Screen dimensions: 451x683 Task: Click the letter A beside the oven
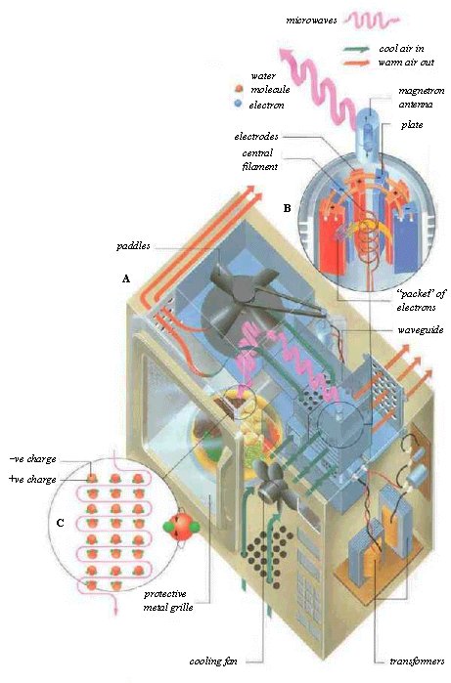click(126, 278)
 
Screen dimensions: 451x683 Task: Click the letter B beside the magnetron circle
click(287, 208)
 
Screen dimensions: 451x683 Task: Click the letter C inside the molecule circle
click(61, 523)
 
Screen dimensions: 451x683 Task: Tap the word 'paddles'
click(133, 246)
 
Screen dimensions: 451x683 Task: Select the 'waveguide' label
click(420, 329)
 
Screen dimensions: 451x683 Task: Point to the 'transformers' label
click(417, 662)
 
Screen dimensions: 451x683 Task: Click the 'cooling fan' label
click(213, 662)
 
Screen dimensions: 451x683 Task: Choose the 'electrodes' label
click(256, 137)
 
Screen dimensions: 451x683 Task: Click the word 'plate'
click(412, 125)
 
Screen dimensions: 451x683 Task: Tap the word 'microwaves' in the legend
click(311, 21)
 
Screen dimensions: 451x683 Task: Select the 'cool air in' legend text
click(401, 48)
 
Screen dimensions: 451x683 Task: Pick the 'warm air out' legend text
click(406, 63)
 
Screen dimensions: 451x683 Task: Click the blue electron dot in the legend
click(238, 104)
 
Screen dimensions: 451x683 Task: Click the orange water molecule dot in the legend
click(239, 89)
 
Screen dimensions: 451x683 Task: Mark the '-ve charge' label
click(32, 459)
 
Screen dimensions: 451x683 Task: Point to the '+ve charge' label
click(32, 480)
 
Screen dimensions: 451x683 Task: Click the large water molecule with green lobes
click(181, 527)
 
